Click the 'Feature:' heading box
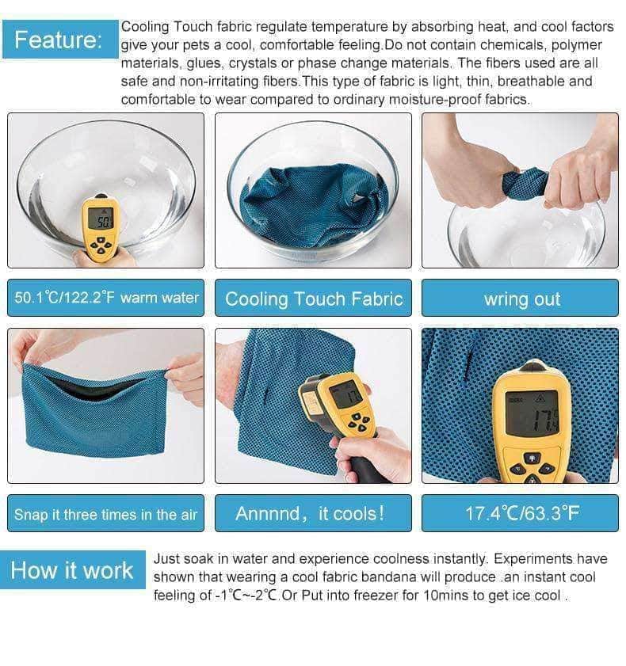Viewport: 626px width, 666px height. (x=60, y=39)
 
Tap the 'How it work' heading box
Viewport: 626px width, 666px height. (x=73, y=569)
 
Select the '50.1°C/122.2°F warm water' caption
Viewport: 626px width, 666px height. (x=106, y=298)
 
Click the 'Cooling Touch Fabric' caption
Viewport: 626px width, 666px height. (x=313, y=299)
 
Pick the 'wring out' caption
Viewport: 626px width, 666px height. (x=520, y=299)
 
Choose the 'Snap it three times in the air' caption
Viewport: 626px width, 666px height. (x=106, y=513)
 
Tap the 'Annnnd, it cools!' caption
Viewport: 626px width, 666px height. (x=313, y=513)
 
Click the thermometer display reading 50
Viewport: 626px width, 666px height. (x=101, y=219)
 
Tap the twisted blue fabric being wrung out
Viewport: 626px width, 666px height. (x=525, y=183)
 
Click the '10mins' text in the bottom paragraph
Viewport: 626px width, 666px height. (x=446, y=596)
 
